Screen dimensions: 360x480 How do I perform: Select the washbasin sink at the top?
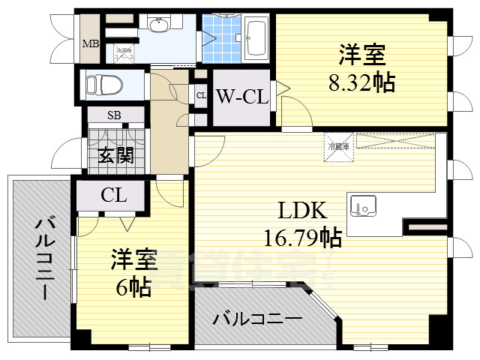[159, 26]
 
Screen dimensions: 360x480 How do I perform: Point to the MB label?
[90, 43]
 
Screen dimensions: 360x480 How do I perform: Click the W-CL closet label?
[241, 97]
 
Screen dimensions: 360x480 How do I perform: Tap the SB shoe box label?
[114, 115]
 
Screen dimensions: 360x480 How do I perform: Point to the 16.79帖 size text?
[303, 238]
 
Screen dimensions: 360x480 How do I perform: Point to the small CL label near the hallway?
[201, 95]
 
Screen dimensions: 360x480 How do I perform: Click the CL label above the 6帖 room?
[114, 196]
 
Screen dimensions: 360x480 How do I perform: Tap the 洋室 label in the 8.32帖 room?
[362, 55]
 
